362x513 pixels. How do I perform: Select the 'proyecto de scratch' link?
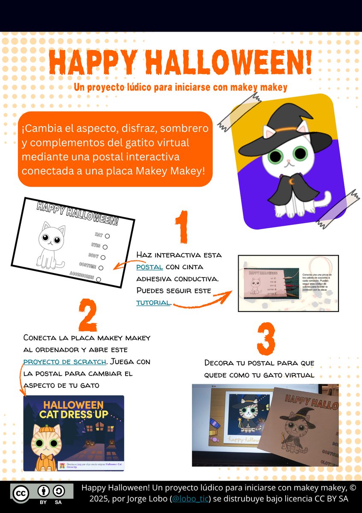point(64,362)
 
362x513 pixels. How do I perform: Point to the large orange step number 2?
point(88,315)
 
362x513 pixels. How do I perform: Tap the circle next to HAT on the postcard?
point(107,236)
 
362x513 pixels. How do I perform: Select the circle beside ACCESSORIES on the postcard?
point(99,279)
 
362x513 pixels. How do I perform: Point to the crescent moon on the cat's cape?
point(292,182)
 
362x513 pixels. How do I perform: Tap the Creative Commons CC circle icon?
point(20,493)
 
